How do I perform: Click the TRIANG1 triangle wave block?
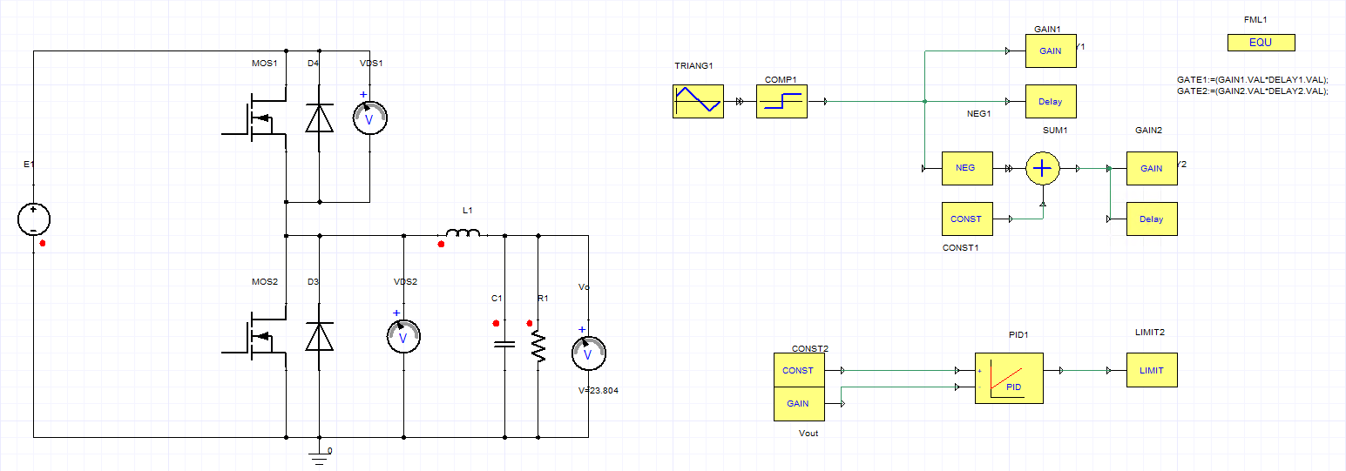(x=698, y=101)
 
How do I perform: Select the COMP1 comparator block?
(x=781, y=101)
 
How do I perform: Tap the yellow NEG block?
(x=967, y=168)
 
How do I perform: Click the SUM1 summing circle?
(x=1043, y=168)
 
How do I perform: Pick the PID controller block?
(x=1009, y=378)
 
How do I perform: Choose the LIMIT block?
(x=1152, y=370)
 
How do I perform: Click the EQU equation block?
(x=1261, y=43)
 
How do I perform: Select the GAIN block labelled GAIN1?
(x=1051, y=51)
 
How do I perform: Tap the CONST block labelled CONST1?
(x=967, y=219)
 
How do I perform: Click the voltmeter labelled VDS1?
(x=369, y=118)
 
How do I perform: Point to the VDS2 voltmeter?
(x=403, y=336)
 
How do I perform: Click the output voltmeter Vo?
(x=588, y=353)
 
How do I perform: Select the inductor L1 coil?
(x=463, y=232)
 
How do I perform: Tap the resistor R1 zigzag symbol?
(x=538, y=348)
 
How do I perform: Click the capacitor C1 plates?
(x=504, y=344)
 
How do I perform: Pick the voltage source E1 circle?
(x=34, y=219)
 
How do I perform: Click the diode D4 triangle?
(x=319, y=118)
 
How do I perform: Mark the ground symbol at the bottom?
(x=319, y=459)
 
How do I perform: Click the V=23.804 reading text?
(x=598, y=391)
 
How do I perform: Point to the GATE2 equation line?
(x=1252, y=91)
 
